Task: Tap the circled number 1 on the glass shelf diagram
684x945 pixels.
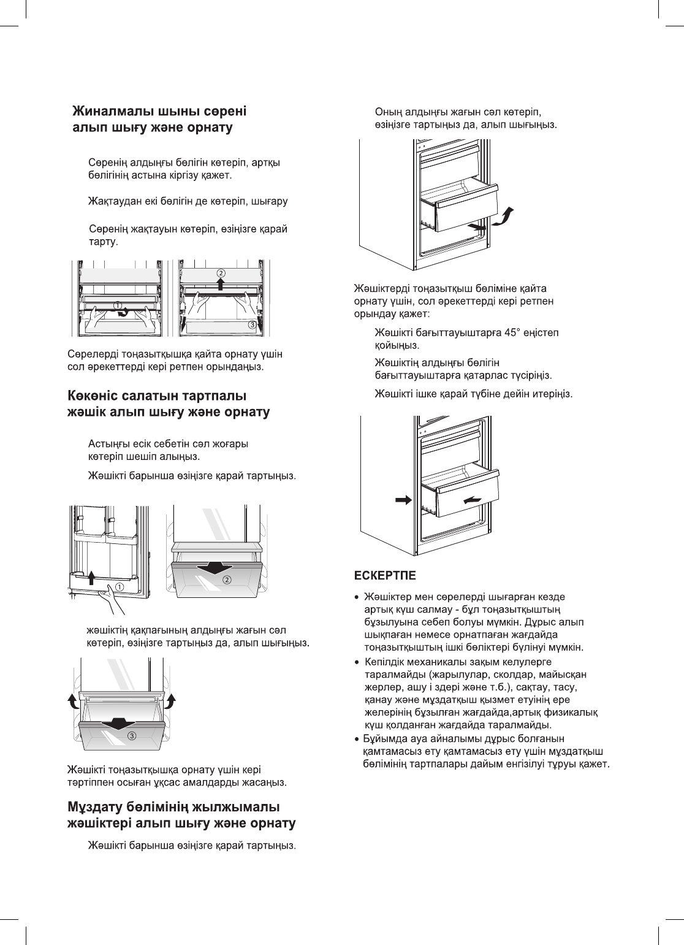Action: pos(117,304)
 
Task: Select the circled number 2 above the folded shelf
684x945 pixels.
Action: pos(221,272)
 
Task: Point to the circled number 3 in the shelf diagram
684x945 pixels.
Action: pos(253,325)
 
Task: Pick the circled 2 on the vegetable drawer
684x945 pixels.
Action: pos(227,580)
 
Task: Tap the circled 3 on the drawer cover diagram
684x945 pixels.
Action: pos(131,736)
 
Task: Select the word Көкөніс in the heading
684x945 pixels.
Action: pos(94,396)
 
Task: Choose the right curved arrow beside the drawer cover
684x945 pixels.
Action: pos(172,701)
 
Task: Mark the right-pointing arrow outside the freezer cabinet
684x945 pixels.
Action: pos(403,500)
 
